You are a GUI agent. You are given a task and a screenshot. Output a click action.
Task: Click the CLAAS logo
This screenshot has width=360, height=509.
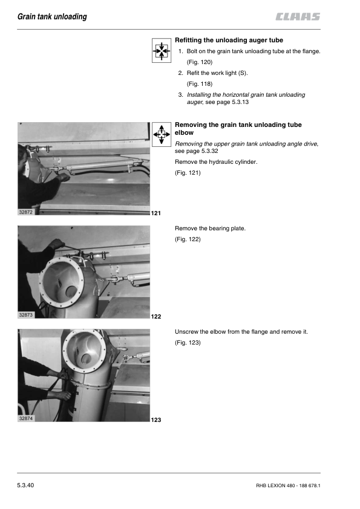298,16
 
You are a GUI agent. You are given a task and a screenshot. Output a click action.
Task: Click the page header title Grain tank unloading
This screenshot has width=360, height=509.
52,16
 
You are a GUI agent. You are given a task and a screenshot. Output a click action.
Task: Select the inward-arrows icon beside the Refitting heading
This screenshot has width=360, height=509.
162,50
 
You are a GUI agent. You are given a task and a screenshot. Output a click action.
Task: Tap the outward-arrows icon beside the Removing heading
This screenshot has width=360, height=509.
162,134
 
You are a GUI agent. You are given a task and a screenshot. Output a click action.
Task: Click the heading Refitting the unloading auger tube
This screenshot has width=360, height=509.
229,41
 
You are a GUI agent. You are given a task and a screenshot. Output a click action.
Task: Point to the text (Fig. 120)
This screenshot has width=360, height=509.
200,62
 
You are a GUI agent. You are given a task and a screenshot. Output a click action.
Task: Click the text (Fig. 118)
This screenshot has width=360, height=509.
200,84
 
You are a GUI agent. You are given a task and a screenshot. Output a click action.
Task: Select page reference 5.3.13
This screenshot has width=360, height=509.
240,102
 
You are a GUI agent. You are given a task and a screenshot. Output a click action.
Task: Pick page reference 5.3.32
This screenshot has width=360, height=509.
209,151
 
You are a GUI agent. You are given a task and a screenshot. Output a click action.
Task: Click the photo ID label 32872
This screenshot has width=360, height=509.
25,212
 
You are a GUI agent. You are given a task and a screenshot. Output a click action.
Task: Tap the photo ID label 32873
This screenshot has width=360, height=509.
25,315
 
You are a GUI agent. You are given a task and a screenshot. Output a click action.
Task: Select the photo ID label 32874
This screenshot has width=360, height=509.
25,418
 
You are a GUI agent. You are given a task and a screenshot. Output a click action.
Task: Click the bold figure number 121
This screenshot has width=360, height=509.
156,213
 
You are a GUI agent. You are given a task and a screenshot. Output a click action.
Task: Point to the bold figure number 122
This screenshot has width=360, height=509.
156,317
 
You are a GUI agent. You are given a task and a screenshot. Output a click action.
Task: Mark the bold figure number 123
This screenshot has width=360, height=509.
156,420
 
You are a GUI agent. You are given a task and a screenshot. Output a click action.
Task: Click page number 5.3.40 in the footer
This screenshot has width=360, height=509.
25,485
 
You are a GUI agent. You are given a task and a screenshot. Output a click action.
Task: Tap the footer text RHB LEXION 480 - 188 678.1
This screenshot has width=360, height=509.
288,485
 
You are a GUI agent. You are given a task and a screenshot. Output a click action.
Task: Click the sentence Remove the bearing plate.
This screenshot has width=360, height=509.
210,229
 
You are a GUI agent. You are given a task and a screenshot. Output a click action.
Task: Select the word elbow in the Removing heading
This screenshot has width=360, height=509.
184,133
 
